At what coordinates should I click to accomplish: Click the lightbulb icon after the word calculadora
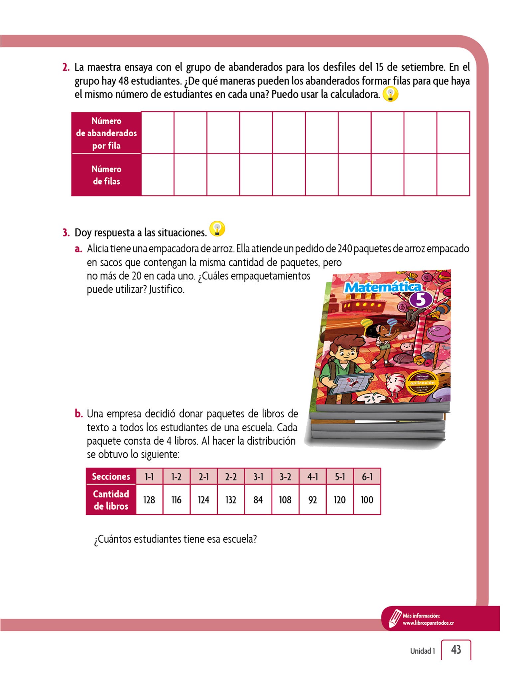click(x=390, y=94)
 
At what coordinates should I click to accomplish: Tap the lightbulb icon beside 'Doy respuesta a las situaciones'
click(x=217, y=229)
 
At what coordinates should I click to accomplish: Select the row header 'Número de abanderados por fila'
click(x=106, y=133)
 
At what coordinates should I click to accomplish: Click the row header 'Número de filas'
click(x=106, y=175)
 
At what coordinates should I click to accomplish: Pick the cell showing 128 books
click(x=149, y=500)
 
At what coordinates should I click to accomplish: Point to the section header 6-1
click(x=367, y=477)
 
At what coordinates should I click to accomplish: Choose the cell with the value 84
click(x=258, y=500)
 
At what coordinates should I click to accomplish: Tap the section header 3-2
click(x=285, y=477)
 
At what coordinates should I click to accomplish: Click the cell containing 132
click(x=231, y=500)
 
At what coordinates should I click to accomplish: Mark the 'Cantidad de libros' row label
click(x=111, y=500)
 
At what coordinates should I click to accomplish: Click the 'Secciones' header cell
click(x=111, y=477)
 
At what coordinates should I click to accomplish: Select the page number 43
click(x=456, y=649)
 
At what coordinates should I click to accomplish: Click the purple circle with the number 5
click(x=421, y=300)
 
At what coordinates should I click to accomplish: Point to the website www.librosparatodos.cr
click(x=428, y=623)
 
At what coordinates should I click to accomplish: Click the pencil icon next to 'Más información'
click(x=395, y=618)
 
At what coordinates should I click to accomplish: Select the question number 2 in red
click(x=66, y=68)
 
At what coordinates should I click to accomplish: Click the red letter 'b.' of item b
click(x=78, y=414)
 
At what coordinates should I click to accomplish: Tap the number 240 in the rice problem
click(x=345, y=249)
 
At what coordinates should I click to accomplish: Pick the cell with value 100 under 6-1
click(x=367, y=500)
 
